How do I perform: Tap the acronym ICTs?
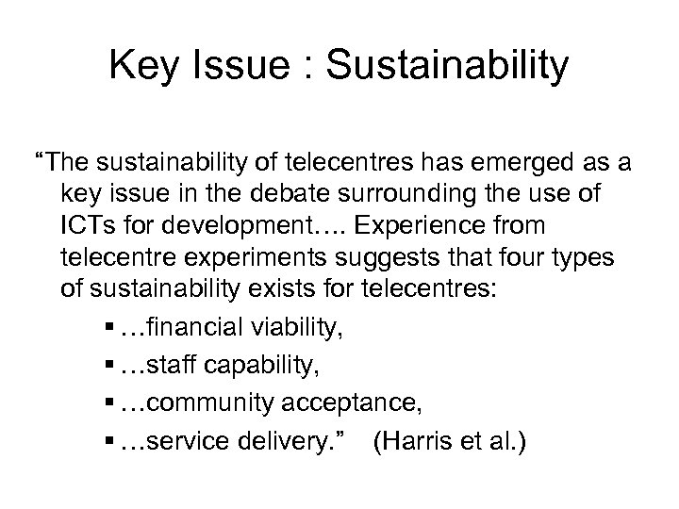[x=88, y=225]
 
